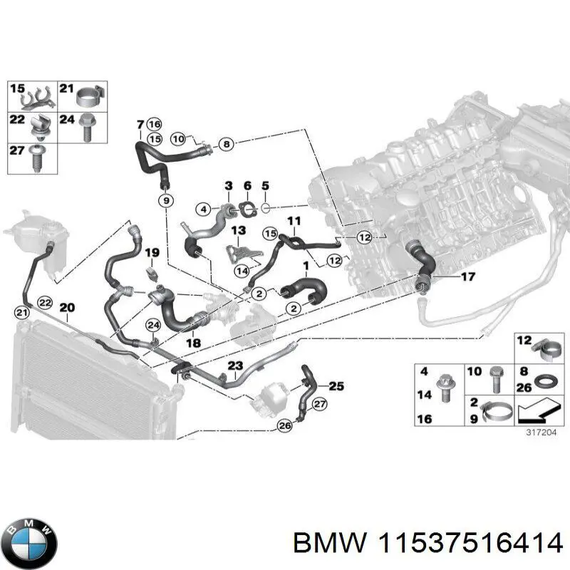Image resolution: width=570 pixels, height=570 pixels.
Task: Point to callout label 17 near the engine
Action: coord(467,276)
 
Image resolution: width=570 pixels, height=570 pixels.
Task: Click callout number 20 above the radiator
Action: coord(66,308)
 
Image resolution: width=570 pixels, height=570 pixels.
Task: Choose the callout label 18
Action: coord(193,343)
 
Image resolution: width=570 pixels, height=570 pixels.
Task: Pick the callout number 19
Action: coord(151,253)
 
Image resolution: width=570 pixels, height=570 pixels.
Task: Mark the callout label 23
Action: coord(235,366)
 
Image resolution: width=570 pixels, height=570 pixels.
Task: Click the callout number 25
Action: coord(336,386)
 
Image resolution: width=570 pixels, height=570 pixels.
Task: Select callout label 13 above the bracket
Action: coord(237,230)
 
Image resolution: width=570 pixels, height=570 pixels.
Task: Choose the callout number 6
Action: coord(247,187)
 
